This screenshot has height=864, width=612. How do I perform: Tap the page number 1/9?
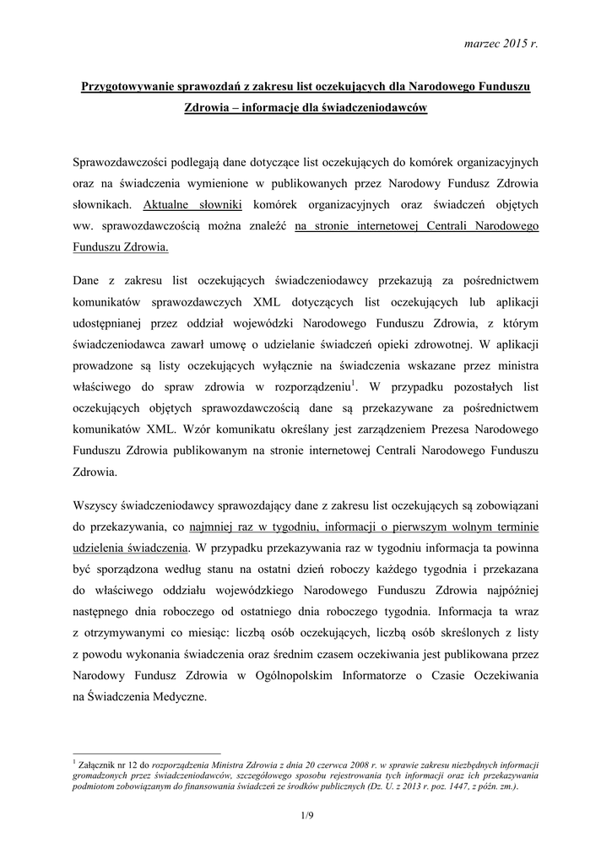tap(306, 814)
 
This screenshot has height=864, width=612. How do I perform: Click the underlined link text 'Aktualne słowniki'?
tap(193, 204)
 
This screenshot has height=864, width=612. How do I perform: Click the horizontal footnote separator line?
tap(147, 753)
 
